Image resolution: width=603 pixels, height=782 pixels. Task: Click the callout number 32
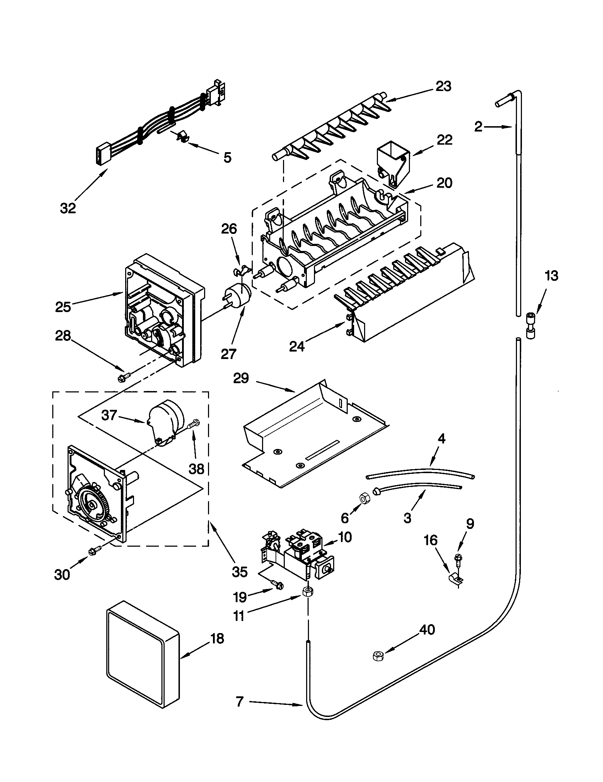pyautogui.click(x=68, y=208)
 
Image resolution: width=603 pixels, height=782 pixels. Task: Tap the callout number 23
pyautogui.click(x=443, y=86)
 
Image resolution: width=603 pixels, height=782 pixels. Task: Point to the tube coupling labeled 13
pyautogui.click(x=530, y=326)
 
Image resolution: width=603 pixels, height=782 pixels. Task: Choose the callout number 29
pyautogui.click(x=241, y=378)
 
